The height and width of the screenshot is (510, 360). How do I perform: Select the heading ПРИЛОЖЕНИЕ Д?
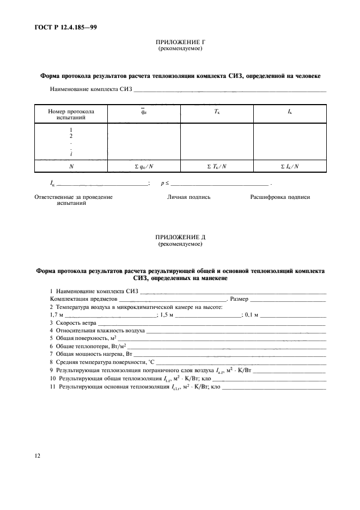coord(180,238)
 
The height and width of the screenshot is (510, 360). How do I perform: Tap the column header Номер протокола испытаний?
coord(71,114)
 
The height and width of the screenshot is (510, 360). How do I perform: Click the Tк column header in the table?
coord(217,111)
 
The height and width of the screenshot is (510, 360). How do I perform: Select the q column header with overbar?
coord(144,112)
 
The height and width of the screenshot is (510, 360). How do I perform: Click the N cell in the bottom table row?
coord(71,166)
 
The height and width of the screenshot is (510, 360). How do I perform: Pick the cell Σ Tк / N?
coord(217,166)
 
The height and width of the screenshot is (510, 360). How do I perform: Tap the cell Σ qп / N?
coord(144,166)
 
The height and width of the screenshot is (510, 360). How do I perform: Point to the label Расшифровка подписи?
coord(280,197)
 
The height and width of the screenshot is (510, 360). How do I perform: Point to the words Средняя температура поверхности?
coord(98,362)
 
